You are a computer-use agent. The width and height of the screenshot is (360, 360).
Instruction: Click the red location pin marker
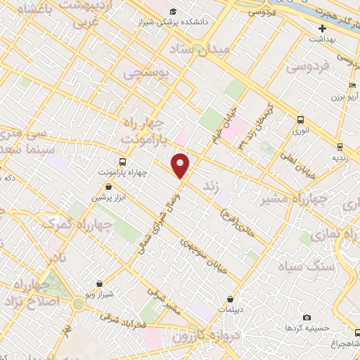click(181, 165)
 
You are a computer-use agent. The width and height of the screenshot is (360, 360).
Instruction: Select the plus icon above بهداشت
click(322, 29)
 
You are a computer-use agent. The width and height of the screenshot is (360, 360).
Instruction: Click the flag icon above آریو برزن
click(342, 85)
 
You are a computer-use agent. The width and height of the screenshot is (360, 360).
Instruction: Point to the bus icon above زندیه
click(340, 147)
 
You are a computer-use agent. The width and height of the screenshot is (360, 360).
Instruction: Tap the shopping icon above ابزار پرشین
click(109, 186)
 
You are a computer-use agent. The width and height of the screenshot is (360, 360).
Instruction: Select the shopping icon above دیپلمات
click(230, 299)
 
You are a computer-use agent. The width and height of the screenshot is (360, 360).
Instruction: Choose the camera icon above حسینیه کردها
click(307, 317)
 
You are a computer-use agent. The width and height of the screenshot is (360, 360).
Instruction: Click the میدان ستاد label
click(196, 49)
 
